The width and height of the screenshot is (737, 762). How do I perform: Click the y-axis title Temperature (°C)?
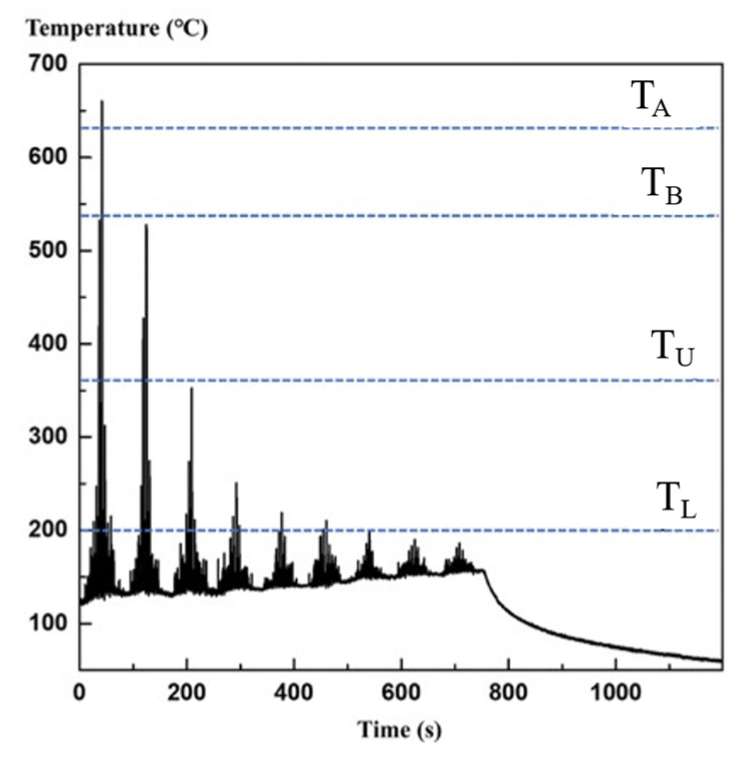[117, 29]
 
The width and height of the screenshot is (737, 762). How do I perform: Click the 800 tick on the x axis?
[508, 693]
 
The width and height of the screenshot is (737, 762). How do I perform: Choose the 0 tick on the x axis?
[80, 693]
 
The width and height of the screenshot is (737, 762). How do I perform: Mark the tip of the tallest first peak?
[102, 101]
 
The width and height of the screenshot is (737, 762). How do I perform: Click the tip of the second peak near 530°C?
[146, 225]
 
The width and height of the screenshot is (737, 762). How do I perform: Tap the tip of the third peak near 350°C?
[192, 388]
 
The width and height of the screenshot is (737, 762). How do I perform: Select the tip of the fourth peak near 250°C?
[236, 483]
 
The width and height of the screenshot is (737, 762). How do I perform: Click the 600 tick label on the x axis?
[400, 693]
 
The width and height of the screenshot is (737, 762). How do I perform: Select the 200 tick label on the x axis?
[187, 693]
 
